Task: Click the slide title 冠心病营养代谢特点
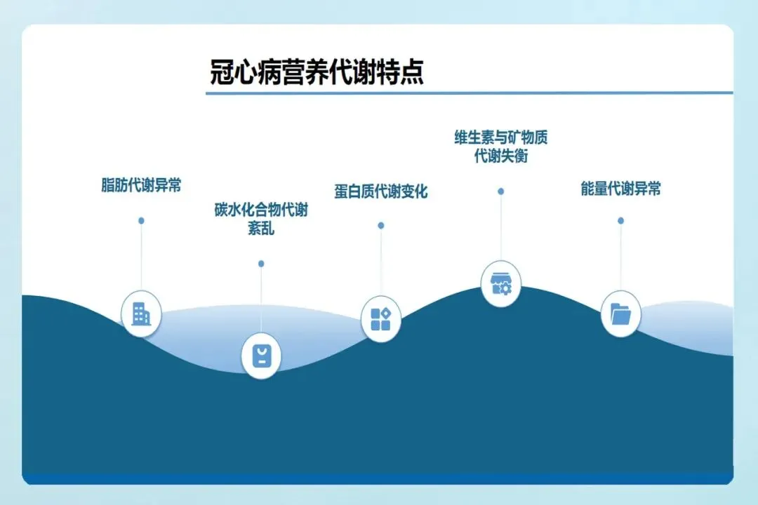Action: [317, 72]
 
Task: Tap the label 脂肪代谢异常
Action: [141, 186]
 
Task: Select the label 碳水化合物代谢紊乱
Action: [261, 219]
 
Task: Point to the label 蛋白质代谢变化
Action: [380, 191]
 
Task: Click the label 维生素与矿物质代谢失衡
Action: [500, 146]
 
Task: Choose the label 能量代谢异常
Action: [620, 189]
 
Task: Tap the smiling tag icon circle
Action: [261, 356]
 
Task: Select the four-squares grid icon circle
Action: [380, 319]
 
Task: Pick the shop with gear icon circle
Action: [500, 283]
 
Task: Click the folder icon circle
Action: [620, 314]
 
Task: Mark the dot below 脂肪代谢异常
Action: [141, 220]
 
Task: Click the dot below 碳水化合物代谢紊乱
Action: [261, 264]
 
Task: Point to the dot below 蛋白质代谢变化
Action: [380, 226]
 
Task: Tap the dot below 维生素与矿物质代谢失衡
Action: [500, 191]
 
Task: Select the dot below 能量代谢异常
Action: [620, 220]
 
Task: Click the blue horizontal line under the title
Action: [469, 93]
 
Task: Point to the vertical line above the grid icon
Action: [380, 263]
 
